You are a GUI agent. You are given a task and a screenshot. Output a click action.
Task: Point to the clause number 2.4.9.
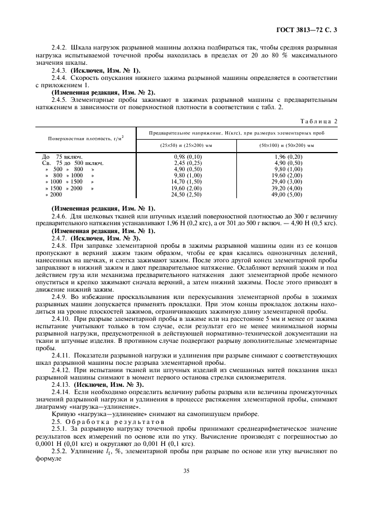61,296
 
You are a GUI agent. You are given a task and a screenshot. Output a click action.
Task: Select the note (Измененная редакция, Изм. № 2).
103,92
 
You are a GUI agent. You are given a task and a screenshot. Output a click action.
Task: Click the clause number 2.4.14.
62,391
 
